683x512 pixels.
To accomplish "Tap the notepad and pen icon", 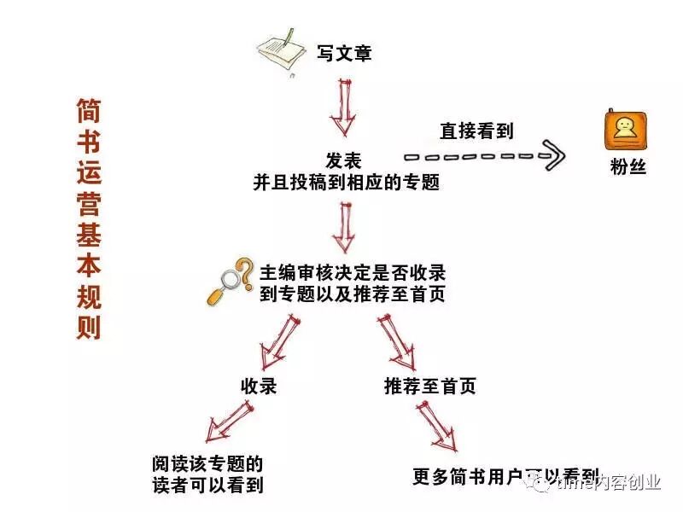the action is click(283, 53).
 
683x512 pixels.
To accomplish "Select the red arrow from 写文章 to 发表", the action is click(343, 107).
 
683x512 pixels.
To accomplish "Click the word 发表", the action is click(343, 160).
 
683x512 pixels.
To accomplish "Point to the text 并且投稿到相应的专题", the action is click(345, 182).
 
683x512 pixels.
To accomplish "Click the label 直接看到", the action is click(476, 131).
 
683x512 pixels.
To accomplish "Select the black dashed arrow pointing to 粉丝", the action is click(483, 156).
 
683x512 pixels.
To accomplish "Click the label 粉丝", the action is click(628, 167).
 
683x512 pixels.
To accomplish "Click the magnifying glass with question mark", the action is click(230, 282).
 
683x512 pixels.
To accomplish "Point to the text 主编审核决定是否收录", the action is click(352, 274).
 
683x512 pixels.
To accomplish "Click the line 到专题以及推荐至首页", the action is click(352, 294).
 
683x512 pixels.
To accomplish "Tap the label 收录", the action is click(259, 386).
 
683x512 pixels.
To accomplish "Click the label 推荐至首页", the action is click(429, 386).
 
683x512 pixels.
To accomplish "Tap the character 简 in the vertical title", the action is click(88, 109).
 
